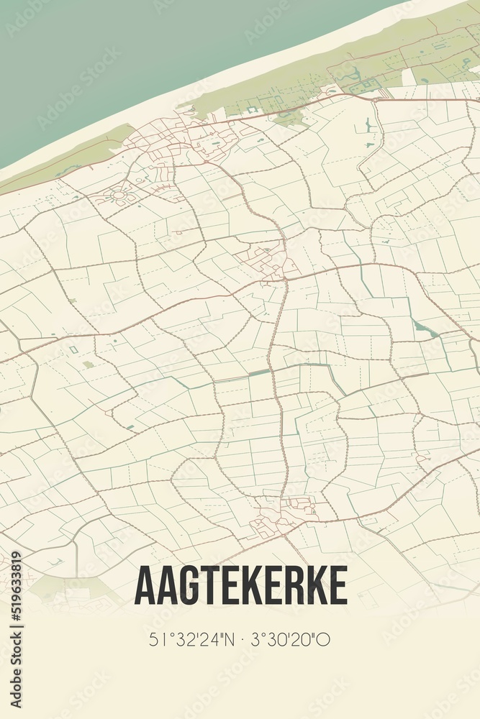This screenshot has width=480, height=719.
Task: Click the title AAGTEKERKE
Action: (240, 585)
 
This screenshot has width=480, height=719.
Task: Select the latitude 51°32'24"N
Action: (190, 639)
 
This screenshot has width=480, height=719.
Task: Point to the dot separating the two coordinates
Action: (240, 639)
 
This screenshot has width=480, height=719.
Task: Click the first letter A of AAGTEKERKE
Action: (143, 585)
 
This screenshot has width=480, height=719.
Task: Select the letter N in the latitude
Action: (226, 639)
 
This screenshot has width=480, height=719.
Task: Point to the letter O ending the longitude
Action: (324, 639)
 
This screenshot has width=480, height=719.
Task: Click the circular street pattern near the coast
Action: (116, 193)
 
